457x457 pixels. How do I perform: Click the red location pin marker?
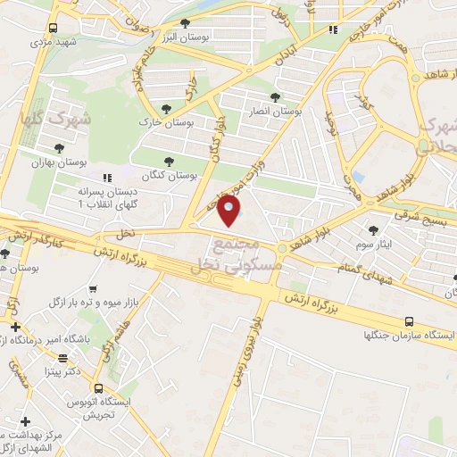click(229, 210)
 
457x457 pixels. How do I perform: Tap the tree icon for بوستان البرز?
click(185, 24)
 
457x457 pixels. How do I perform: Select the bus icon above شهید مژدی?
click(54, 29)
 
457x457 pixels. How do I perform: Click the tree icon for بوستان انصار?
click(275, 98)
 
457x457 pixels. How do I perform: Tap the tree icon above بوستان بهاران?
click(59, 149)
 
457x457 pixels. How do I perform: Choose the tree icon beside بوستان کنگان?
click(169, 162)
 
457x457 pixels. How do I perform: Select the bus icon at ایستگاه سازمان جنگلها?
click(409, 320)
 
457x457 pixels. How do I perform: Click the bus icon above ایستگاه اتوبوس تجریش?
click(96, 388)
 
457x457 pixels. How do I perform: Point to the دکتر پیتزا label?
click(72, 369)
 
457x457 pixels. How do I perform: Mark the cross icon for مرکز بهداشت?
click(25, 420)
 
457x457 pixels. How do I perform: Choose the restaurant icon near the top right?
click(333, 29)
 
